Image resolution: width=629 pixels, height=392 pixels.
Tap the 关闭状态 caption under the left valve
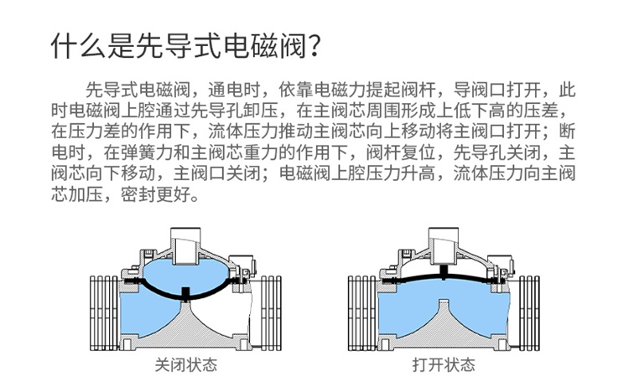[x=185, y=365]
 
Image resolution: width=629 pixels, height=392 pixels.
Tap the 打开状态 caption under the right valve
[x=444, y=365]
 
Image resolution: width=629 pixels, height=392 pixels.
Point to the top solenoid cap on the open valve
[x=444, y=239]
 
